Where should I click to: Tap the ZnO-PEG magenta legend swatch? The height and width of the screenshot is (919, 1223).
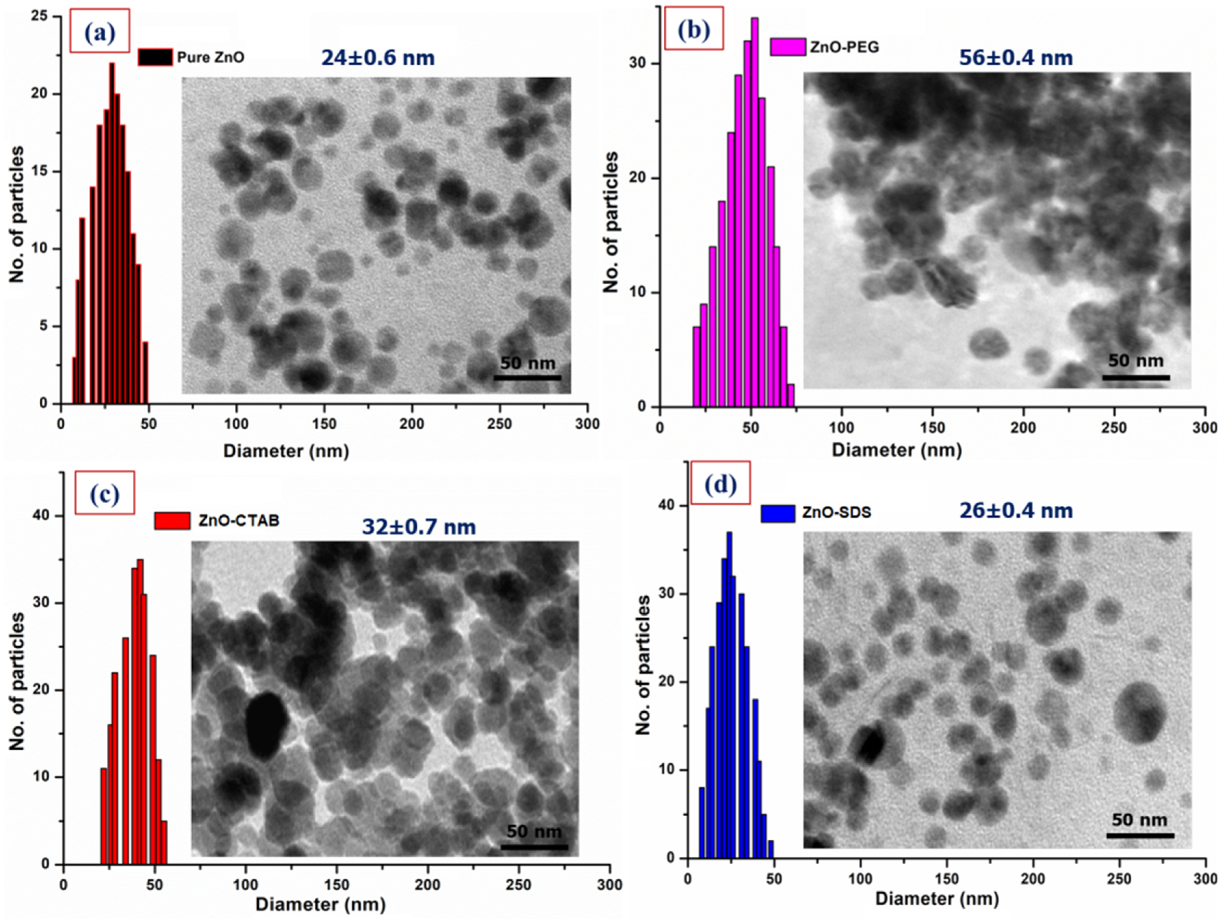click(x=787, y=47)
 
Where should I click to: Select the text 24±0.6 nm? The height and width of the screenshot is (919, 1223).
click(x=378, y=57)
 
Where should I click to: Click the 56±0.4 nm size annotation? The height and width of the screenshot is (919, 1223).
click(x=1016, y=57)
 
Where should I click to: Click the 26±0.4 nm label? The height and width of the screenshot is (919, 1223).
click(x=1016, y=510)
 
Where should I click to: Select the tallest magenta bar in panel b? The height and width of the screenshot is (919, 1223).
click(x=754, y=213)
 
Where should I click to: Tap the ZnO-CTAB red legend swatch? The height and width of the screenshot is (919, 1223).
click(x=172, y=521)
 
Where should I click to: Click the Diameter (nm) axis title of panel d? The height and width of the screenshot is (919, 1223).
click(x=937, y=898)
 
